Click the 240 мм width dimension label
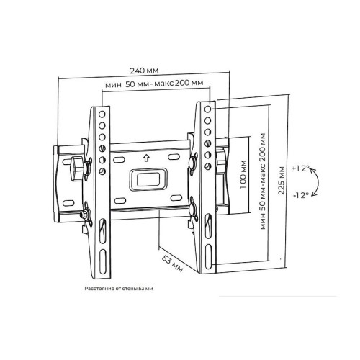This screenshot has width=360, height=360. pos(144,71)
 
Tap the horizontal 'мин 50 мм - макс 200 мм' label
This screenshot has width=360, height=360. pos(154,84)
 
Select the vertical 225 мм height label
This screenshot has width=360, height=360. pos(281,181)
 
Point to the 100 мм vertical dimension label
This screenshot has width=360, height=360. pos(243,174)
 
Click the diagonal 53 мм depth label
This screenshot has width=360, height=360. pos(172,264)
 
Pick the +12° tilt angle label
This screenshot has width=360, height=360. pos(300,168)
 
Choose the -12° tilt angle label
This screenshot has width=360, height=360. pos(301,195)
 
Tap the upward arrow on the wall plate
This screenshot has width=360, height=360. pos(146,158)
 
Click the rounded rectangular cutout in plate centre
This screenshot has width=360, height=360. pos(148,179)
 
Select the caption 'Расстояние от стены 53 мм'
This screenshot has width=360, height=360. pos(119,289)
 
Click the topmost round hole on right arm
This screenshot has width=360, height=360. pos(208,109)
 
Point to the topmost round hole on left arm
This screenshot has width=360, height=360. pos(102,114)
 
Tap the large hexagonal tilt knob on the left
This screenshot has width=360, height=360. pos(76,168)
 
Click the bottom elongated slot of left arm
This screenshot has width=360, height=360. pos(103,261)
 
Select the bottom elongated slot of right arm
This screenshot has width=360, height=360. pos(208,256)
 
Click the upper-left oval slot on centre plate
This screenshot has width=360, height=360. pos(119,160)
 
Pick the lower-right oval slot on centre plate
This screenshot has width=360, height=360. pos(176,198)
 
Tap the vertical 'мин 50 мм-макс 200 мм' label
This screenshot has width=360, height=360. pos(263,181)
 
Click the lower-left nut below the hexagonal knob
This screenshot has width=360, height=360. pos(84,215)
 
